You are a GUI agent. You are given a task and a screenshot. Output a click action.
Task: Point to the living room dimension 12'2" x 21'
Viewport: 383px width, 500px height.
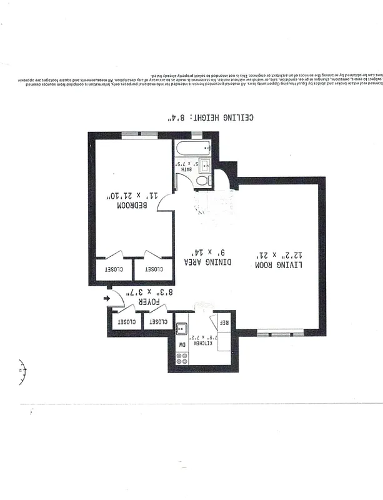click(279, 255)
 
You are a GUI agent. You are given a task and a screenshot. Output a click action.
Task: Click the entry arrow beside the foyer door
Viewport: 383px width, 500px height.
click(106, 299)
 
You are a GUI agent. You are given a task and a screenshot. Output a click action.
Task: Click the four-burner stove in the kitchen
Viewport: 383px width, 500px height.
click(183, 359)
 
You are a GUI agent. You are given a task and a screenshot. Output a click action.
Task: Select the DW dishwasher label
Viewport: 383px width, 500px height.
click(183, 344)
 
